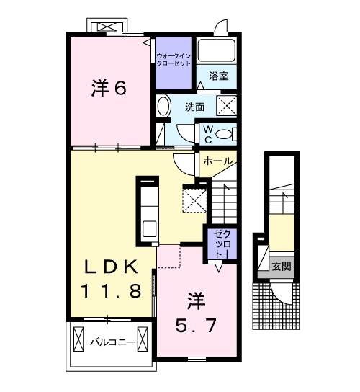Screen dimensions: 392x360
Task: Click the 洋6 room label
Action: pyautogui.click(x=109, y=89)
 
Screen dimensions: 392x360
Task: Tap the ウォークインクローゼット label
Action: pyautogui.click(x=173, y=58)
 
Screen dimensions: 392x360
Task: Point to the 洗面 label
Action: pyautogui.click(x=194, y=107)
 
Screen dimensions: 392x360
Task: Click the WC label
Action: pyautogui.click(x=207, y=133)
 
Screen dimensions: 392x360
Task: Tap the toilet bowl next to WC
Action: pyautogui.click(x=225, y=133)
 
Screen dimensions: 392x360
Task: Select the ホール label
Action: pyautogui.click(x=218, y=161)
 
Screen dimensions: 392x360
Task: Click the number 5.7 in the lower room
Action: pyautogui.click(x=194, y=326)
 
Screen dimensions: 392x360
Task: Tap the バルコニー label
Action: pyautogui.click(x=112, y=342)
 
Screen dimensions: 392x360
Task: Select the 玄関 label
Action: pyautogui.click(x=282, y=266)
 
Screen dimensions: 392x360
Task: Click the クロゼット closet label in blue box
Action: pyautogui.click(x=220, y=245)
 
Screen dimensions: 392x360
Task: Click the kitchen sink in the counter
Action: pyautogui.click(x=150, y=229)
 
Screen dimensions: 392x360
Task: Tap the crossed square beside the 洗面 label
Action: pyautogui.click(x=228, y=106)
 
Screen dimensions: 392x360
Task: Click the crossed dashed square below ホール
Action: pyautogui.click(x=194, y=199)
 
